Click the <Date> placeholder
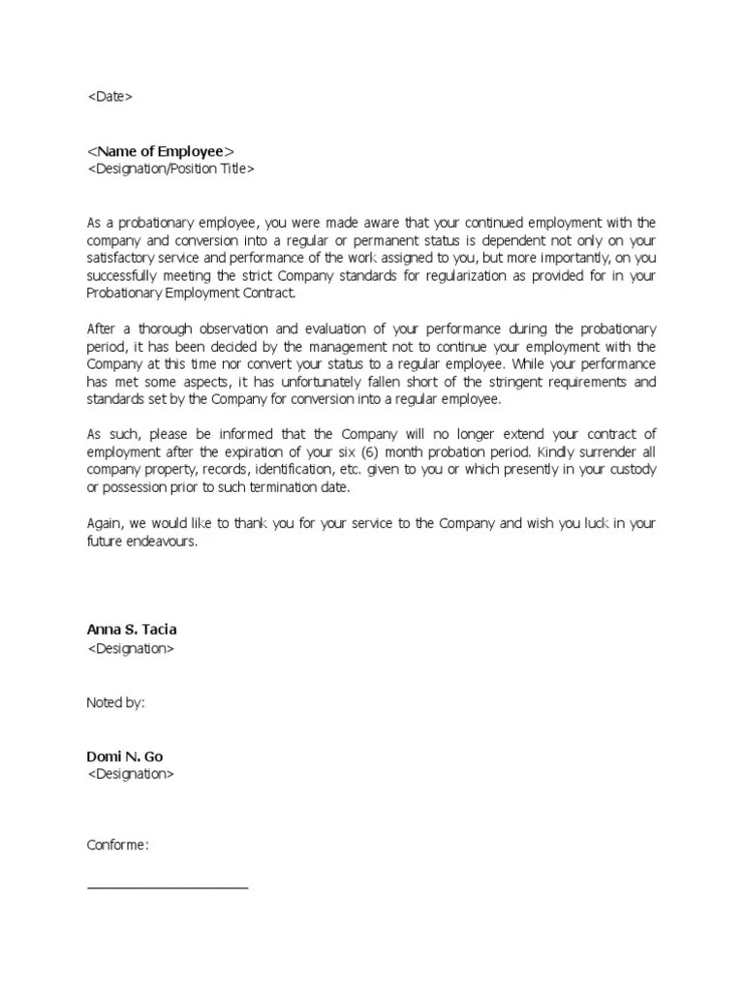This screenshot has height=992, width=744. point(109,97)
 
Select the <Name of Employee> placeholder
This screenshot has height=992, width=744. point(161,151)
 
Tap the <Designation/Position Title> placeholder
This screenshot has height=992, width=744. point(171,169)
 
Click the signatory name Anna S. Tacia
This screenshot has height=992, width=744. point(132,630)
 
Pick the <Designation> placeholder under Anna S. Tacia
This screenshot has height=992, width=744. point(131,648)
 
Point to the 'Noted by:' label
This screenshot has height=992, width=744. point(115,702)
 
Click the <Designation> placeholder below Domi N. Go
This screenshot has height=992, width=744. point(131,774)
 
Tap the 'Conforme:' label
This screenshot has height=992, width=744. point(118,846)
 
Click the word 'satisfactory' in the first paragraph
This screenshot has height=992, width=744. point(124,259)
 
